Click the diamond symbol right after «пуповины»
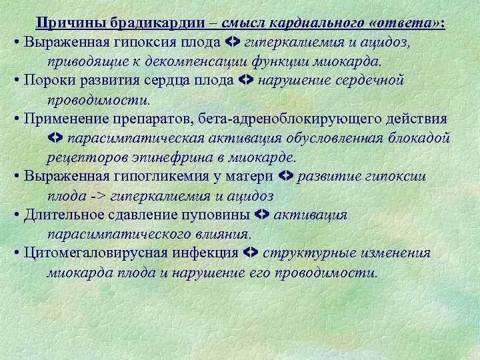point(262,215)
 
